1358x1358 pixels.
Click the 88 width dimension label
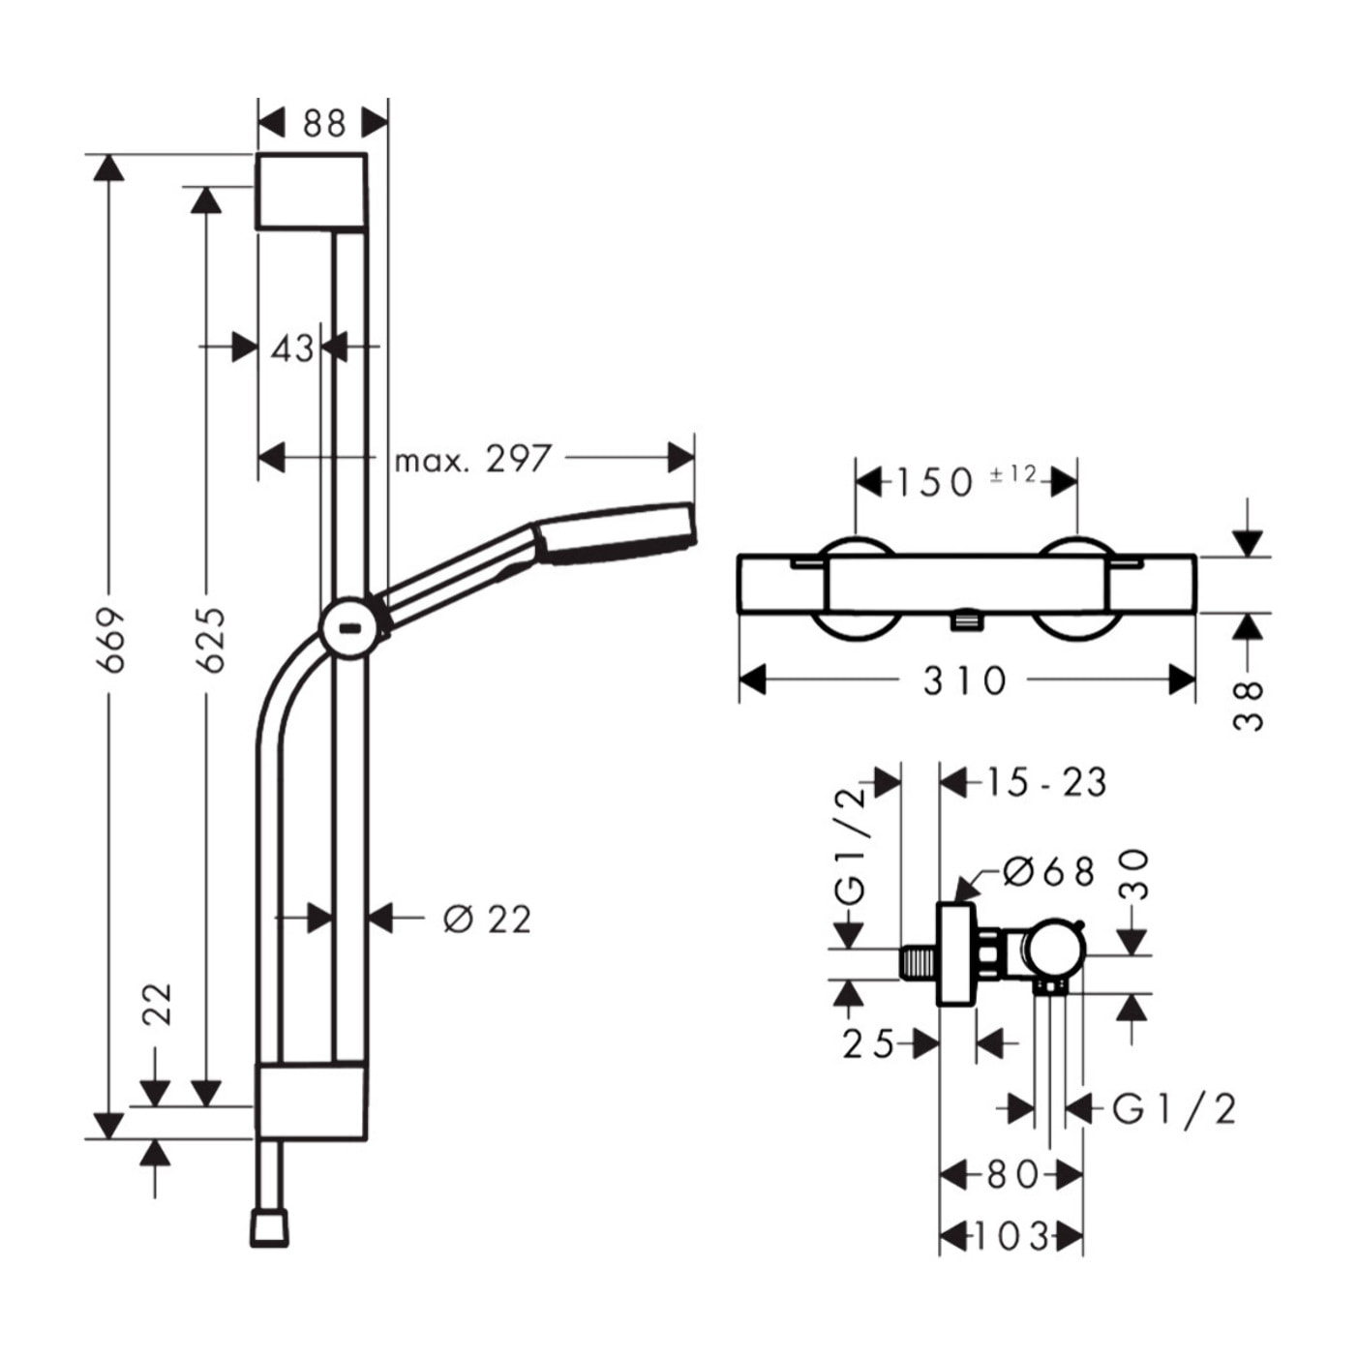[324, 124]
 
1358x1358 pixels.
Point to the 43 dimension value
[292, 348]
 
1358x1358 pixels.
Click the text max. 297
[472, 460]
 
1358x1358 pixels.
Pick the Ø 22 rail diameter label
[487, 919]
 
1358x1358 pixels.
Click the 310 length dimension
[964, 681]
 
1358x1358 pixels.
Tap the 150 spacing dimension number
[933, 483]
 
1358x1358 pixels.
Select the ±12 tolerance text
[1013, 474]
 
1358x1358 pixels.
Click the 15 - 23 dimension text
[1045, 782]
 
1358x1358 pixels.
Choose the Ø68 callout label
[1049, 872]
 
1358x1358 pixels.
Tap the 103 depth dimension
[1010, 1236]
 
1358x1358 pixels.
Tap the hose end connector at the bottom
[269, 1227]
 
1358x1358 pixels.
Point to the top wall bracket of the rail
[311, 191]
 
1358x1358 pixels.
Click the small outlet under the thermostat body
[965, 620]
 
